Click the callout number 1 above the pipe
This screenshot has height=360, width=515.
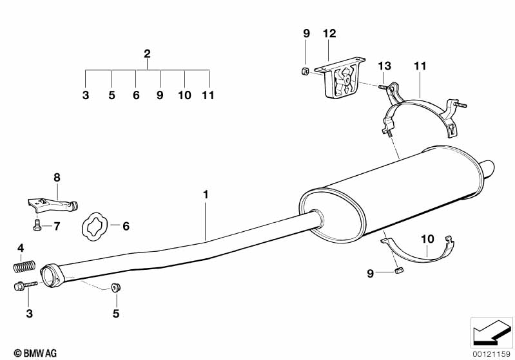pyautogui.click(x=205, y=193)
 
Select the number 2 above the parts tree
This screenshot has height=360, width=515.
pyautogui.click(x=147, y=53)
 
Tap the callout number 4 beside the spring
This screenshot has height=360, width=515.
pyautogui.click(x=21, y=248)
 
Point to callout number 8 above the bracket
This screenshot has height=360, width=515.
pyautogui.click(x=57, y=176)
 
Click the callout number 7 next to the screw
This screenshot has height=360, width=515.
pyautogui.click(x=56, y=225)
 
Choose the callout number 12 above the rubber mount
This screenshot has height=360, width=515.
pyautogui.click(x=329, y=33)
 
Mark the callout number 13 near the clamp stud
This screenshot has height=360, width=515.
pyautogui.click(x=385, y=66)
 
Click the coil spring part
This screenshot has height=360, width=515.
pyautogui.click(x=24, y=264)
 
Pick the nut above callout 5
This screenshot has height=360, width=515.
pyautogui.click(x=117, y=287)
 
